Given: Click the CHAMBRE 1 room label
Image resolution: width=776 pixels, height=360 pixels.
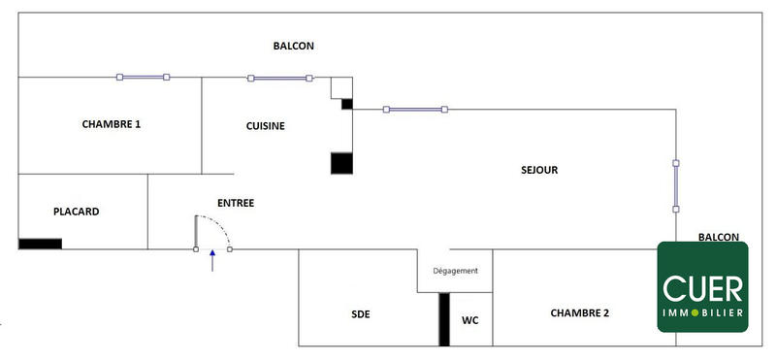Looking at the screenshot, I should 112,124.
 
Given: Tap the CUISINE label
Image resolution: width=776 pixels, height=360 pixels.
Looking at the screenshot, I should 265,126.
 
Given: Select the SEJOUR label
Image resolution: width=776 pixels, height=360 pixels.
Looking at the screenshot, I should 539,170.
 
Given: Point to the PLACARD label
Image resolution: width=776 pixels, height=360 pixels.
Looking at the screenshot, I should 76,212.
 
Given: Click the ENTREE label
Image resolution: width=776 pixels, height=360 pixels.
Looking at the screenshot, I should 237,203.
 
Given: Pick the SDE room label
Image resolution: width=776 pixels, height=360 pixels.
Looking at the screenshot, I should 361,314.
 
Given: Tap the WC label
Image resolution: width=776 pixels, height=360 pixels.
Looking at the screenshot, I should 469,319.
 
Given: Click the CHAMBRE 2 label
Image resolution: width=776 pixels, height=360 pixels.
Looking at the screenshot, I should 579,312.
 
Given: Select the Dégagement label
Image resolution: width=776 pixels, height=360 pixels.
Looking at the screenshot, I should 455,271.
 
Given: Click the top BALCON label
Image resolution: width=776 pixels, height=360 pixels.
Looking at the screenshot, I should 293,46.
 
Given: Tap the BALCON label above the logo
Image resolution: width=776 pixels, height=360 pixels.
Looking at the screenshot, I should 718,237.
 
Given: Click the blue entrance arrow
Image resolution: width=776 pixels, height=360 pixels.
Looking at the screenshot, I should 212,261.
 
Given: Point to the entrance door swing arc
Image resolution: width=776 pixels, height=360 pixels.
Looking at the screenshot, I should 223,229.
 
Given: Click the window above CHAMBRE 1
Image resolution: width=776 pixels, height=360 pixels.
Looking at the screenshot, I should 143,77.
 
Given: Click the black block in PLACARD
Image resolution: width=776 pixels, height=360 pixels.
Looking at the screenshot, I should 40,244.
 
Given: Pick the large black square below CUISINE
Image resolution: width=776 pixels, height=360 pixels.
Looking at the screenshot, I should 341,163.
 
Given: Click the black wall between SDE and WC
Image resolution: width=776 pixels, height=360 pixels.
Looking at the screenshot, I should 444,318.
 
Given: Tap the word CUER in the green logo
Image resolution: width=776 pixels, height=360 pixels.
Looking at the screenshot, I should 702,288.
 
